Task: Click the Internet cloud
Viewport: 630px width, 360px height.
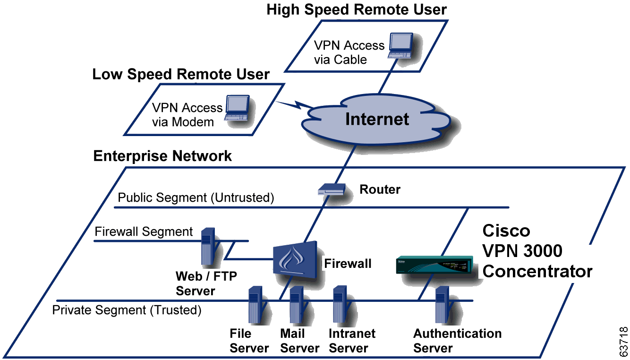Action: tap(376, 120)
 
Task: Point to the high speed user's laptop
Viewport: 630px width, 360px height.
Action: tap(401, 45)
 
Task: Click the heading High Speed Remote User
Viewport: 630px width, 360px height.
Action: tap(357, 9)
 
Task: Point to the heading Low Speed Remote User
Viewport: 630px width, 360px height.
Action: tap(181, 74)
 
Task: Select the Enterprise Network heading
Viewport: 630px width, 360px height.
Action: tap(162, 156)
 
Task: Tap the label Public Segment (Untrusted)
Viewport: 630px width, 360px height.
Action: tap(196, 197)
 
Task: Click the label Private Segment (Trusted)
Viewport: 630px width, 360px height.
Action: tap(127, 310)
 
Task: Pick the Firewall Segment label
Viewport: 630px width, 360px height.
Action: tap(144, 231)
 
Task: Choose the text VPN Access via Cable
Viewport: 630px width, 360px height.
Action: tap(349, 52)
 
